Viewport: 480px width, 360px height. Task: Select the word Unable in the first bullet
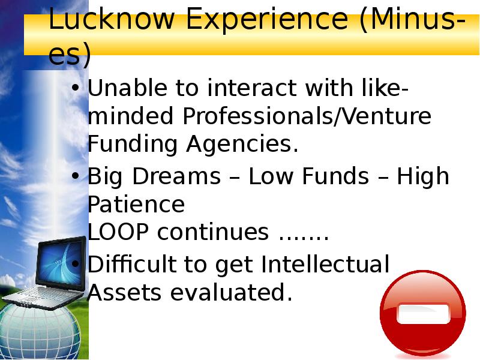point(125,89)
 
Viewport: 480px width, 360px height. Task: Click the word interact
point(251,89)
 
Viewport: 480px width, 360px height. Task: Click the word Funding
point(133,145)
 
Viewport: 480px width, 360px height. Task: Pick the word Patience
point(136,205)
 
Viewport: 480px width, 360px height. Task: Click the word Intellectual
point(325,264)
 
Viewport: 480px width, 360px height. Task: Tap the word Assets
point(125,293)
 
